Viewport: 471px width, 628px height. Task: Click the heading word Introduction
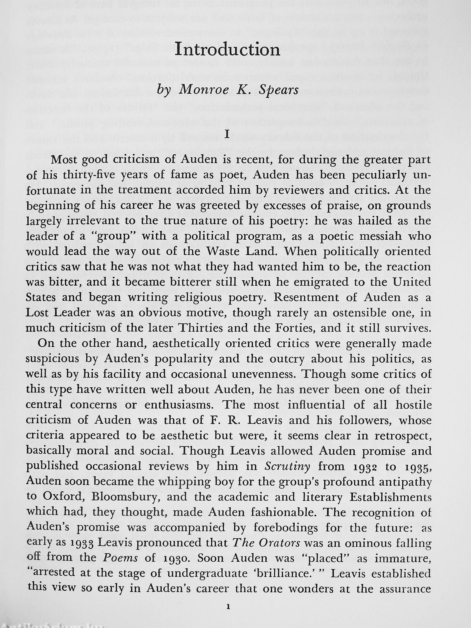pos(227,50)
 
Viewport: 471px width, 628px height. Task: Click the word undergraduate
pos(207,574)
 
